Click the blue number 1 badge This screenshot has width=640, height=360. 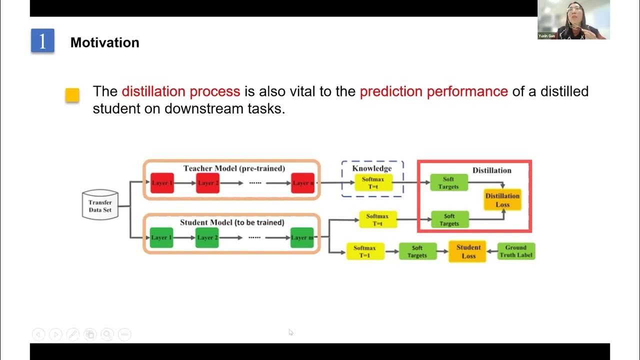[x=42, y=41]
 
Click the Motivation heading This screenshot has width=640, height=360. [x=104, y=42]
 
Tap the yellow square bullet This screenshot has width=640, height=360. [x=72, y=95]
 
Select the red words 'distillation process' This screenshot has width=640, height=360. [x=181, y=91]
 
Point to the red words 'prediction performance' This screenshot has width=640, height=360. [x=433, y=91]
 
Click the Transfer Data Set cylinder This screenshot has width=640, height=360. [x=100, y=205]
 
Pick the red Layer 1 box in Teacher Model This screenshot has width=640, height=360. [x=162, y=183]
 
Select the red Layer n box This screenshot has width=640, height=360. [x=303, y=183]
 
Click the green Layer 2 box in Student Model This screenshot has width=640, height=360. [x=207, y=237]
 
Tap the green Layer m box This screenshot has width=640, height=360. [x=302, y=237]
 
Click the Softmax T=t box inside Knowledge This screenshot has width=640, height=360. [x=373, y=182]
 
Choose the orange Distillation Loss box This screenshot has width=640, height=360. [x=502, y=200]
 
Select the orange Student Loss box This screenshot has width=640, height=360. [x=468, y=251]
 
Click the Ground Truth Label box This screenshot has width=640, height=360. [x=515, y=251]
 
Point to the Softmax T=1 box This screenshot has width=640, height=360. [x=365, y=251]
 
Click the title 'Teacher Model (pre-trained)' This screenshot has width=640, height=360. [x=234, y=168]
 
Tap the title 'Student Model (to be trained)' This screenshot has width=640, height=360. [x=232, y=222]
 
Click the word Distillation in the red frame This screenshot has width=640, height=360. [x=491, y=170]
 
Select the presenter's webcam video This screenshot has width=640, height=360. [x=573, y=19]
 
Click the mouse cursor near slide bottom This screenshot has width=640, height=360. [x=291, y=332]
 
